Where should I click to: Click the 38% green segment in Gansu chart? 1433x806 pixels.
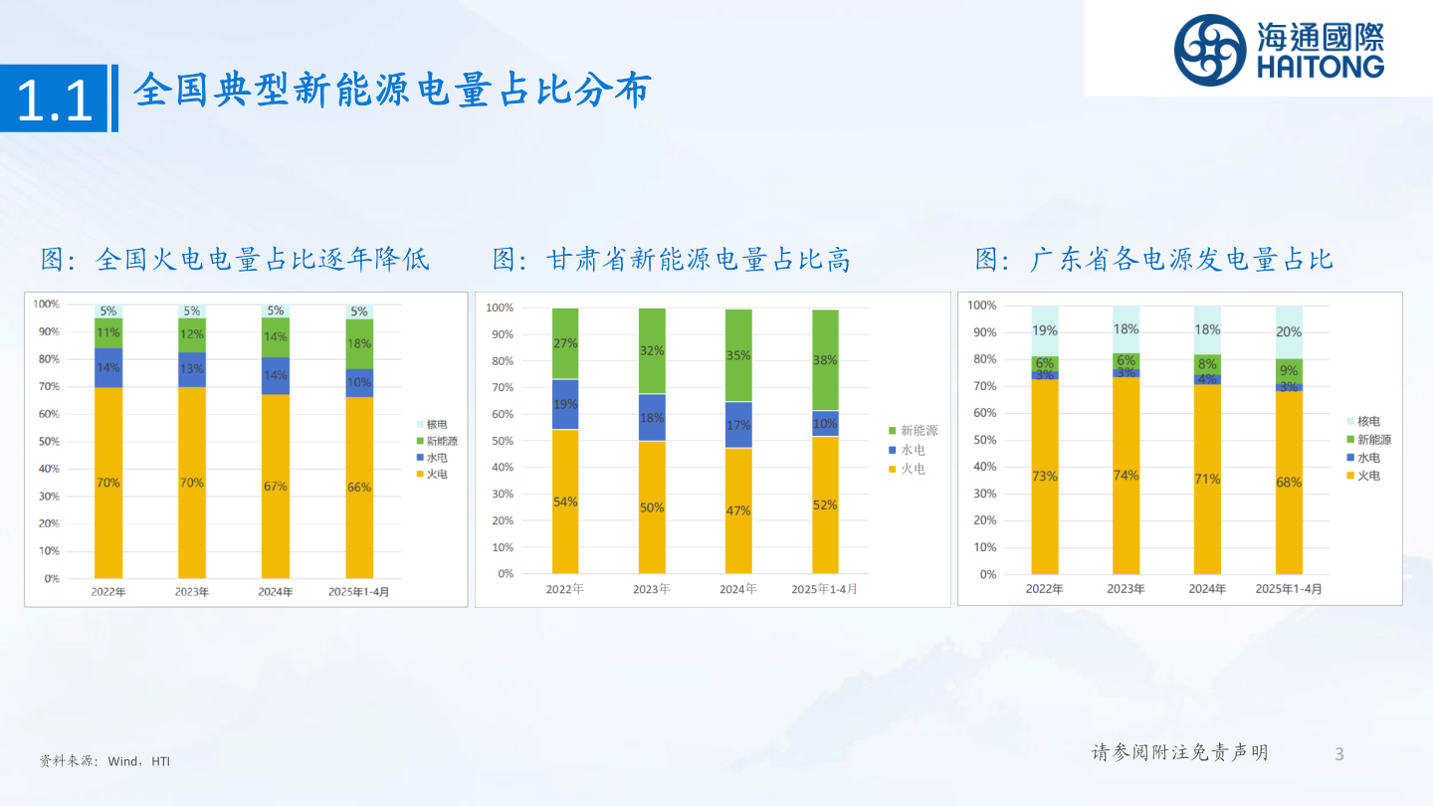click(825, 360)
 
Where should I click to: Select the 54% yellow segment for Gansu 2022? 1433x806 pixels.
click(564, 502)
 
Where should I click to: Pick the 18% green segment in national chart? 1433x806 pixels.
click(359, 343)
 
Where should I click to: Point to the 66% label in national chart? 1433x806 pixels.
click(359, 488)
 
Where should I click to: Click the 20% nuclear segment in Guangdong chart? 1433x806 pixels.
click(1289, 332)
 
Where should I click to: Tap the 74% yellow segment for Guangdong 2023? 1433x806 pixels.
click(1126, 476)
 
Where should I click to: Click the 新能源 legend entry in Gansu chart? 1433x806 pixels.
click(913, 431)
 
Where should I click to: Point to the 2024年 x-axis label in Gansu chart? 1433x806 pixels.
click(738, 589)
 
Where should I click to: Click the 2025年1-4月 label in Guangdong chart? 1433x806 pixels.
click(1289, 589)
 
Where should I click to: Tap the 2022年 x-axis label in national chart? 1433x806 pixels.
click(108, 592)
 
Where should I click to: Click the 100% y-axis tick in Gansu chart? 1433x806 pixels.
click(500, 307)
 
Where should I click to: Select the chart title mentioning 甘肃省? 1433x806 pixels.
click(672, 261)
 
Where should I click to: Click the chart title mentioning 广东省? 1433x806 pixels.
click(1153, 261)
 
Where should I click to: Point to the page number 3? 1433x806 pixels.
click(1339, 753)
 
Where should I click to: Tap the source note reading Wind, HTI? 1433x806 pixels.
click(104, 761)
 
